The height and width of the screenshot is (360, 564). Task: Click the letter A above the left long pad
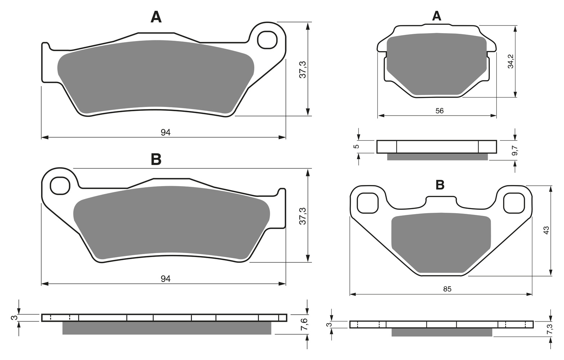[x=156, y=18]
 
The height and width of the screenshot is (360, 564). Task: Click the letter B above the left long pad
[x=156, y=159]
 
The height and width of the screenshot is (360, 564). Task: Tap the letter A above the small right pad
[x=437, y=16]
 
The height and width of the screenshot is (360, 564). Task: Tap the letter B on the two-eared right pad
[x=440, y=185]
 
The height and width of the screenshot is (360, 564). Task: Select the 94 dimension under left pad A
[x=166, y=132]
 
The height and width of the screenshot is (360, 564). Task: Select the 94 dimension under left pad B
[x=166, y=279]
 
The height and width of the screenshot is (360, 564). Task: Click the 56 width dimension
[x=439, y=111]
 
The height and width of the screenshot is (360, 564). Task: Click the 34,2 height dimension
[x=511, y=61]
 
